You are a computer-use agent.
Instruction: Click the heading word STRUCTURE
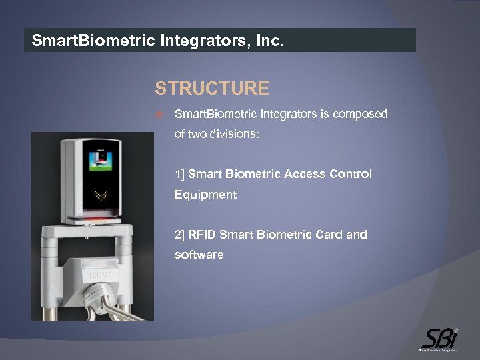pyautogui.click(x=212, y=89)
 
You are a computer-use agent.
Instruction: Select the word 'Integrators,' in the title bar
pyautogui.click(x=202, y=41)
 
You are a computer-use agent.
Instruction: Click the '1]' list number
pyautogui.click(x=179, y=174)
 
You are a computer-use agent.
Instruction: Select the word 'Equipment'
pyautogui.click(x=205, y=195)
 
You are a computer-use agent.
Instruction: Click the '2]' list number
pyautogui.click(x=180, y=235)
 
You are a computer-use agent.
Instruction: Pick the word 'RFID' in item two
pyautogui.click(x=202, y=235)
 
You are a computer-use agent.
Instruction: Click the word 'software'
pyautogui.click(x=199, y=255)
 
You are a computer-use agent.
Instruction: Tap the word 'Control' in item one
pyautogui.click(x=351, y=174)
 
